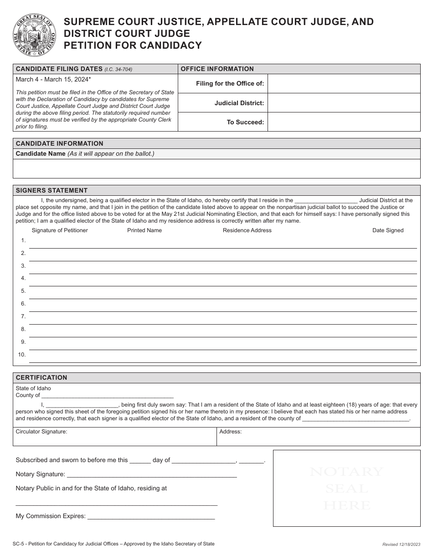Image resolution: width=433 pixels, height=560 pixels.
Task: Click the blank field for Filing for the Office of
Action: [x=344, y=84]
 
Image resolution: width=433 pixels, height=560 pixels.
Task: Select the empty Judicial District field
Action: [x=344, y=103]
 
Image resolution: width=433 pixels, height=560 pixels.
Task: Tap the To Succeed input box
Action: [x=344, y=122]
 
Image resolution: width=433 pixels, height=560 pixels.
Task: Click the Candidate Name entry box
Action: [x=216, y=168]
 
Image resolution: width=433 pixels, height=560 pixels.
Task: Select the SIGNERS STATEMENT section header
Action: [x=52, y=190]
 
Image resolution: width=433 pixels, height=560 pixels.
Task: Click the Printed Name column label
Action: [x=144, y=230]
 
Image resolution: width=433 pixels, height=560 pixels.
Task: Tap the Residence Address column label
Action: [x=247, y=230]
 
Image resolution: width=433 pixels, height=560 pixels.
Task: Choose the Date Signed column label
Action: [x=388, y=230]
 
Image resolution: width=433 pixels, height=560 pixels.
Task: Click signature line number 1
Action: [x=223, y=244]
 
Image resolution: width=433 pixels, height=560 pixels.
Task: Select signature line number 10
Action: [x=223, y=359]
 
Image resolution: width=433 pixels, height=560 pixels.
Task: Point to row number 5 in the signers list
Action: [x=23, y=291]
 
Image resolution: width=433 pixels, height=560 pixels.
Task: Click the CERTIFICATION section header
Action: [x=41, y=377]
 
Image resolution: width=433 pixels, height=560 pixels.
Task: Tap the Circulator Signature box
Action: [x=114, y=437]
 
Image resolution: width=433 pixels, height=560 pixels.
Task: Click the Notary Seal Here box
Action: [x=346, y=488]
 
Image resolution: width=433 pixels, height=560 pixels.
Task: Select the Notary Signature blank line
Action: [x=151, y=474]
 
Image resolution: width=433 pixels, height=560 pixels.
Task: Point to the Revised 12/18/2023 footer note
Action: [x=400, y=545]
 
